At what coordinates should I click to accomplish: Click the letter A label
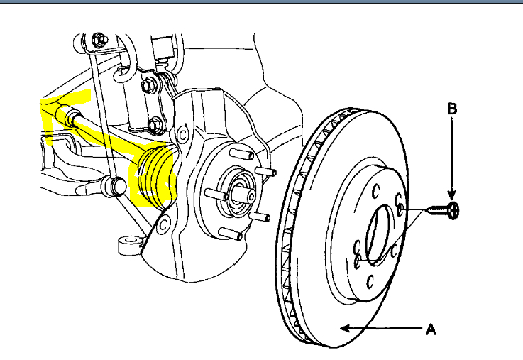429,329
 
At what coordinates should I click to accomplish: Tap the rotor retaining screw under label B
445,210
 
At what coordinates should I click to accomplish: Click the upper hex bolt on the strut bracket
149,86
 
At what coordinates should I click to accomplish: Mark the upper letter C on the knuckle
182,133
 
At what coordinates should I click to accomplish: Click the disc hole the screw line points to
402,209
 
